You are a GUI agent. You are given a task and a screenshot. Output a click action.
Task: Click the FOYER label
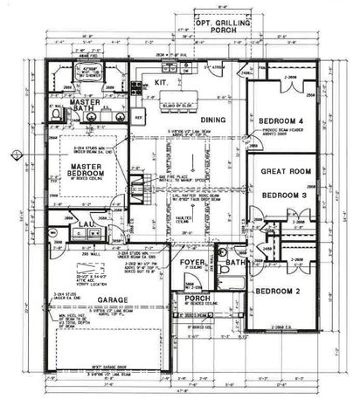tap(191, 261)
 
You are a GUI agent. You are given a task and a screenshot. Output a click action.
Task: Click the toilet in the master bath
tap(55, 113)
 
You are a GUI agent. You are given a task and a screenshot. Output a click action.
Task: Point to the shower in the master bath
tap(86, 72)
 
